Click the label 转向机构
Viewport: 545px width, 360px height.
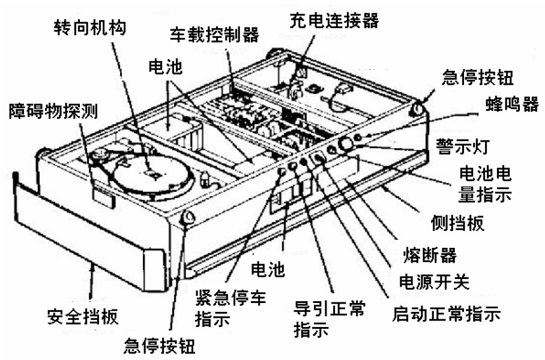point(89,28)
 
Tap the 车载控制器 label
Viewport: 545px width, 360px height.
point(214,35)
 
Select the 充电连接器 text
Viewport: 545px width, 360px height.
point(334,20)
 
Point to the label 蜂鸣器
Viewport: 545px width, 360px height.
point(512,103)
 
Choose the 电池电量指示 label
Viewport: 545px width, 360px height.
point(485,184)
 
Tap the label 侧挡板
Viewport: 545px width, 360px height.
point(457,223)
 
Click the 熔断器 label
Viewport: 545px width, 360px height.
point(430,256)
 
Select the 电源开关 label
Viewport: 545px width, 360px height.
point(434,281)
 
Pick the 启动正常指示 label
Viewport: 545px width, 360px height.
point(447,313)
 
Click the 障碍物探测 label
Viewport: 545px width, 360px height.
point(53,111)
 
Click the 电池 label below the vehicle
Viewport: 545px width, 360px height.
point(268,269)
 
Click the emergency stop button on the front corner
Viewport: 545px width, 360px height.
point(188,218)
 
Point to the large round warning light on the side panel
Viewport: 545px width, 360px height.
point(346,143)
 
